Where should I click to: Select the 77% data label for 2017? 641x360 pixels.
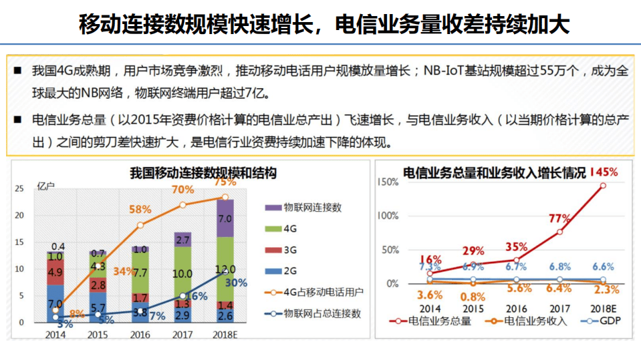(x=559, y=218)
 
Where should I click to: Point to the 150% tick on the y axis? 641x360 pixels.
(x=388, y=182)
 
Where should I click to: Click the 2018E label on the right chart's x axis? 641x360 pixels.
(x=603, y=309)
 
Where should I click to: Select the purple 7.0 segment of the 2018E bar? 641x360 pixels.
(x=225, y=218)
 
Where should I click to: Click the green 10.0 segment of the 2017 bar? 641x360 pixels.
(x=182, y=274)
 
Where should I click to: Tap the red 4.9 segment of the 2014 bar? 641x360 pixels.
(x=55, y=273)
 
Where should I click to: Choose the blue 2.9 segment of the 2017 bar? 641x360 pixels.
(x=182, y=315)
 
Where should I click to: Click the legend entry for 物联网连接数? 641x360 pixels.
(x=305, y=208)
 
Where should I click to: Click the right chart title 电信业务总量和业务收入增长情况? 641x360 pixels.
(x=494, y=174)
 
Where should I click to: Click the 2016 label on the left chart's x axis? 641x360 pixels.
(x=140, y=334)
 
